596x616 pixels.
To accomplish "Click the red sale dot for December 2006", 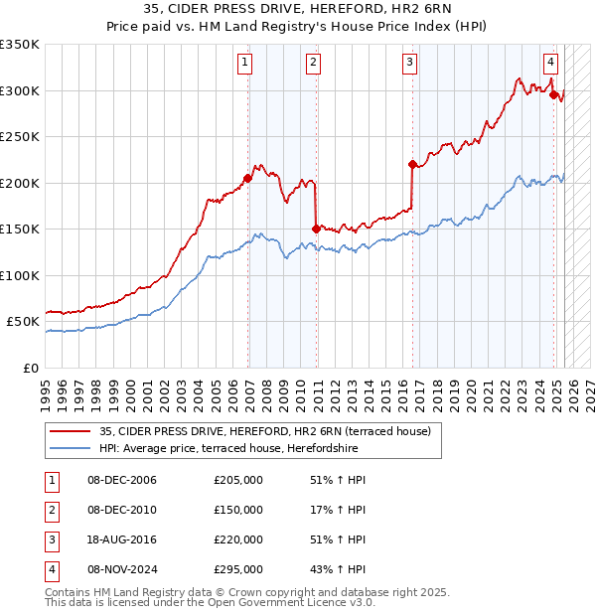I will pos(247,178).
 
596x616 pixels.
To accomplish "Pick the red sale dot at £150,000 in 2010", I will pos(316,229).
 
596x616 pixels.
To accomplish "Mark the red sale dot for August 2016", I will pos(412,164).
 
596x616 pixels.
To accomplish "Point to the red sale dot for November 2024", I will pos(553,94).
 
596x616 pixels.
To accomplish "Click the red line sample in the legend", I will pos(70,431).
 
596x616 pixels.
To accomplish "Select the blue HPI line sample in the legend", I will pos(70,448).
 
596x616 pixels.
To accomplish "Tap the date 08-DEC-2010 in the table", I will pos(122,510).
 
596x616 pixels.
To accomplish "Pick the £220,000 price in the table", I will pos(238,539).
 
